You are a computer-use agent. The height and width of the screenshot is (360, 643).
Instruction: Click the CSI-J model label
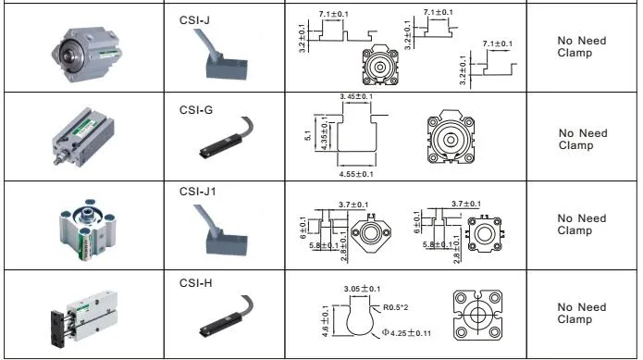tap(194, 20)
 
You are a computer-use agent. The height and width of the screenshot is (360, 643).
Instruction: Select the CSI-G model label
tap(196, 110)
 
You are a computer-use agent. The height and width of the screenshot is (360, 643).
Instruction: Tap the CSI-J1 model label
tap(198, 192)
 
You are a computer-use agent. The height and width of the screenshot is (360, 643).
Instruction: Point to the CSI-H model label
tap(195, 283)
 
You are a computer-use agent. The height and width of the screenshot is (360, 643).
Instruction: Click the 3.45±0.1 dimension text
tap(356, 96)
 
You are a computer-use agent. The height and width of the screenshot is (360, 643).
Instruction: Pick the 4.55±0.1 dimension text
tap(356, 174)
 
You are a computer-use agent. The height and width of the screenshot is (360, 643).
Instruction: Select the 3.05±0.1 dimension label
tap(362, 289)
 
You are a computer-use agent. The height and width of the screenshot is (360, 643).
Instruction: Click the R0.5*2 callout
tap(396, 307)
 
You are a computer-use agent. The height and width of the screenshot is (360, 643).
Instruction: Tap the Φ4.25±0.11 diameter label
tap(406, 332)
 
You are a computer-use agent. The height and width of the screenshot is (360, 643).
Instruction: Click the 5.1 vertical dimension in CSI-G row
tap(308, 136)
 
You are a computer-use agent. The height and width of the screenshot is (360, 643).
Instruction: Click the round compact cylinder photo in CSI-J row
tap(87, 54)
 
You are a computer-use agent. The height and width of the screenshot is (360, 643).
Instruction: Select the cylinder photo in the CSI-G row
tap(83, 136)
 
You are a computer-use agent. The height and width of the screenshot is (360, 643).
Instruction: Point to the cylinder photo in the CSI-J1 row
tap(88, 230)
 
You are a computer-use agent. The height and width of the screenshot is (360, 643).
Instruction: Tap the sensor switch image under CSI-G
tap(227, 137)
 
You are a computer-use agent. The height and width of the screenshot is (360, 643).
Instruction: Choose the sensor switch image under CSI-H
tap(227, 317)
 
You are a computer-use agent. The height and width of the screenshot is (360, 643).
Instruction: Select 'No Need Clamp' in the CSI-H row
tap(582, 313)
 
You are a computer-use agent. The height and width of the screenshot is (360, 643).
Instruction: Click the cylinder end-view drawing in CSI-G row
tap(451, 137)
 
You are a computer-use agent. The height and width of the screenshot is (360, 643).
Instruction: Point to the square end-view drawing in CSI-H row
tap(477, 315)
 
